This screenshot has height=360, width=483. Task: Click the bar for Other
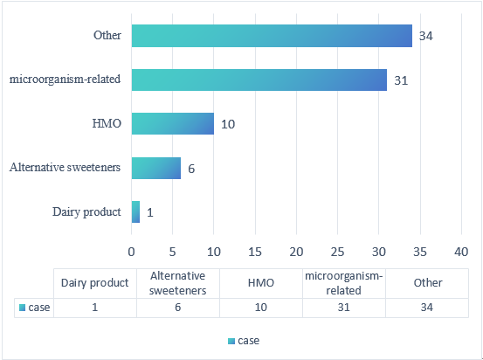(272, 36)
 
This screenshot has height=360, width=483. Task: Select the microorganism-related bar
(259, 80)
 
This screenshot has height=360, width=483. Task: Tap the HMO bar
(173, 123)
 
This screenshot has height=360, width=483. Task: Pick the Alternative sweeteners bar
(156, 168)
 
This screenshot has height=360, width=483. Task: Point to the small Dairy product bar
(135, 211)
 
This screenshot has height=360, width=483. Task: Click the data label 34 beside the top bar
(426, 37)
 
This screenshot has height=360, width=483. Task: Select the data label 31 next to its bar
(401, 80)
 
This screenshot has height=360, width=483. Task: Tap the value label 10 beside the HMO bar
(228, 124)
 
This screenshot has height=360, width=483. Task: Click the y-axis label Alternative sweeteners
(65, 167)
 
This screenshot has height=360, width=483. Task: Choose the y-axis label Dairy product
(86, 211)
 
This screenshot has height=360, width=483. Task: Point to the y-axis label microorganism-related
(65, 80)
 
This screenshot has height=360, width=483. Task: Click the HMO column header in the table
(261, 283)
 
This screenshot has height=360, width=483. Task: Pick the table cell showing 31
(344, 308)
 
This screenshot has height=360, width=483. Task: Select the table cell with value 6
(178, 308)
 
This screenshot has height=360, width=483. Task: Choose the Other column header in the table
(428, 283)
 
